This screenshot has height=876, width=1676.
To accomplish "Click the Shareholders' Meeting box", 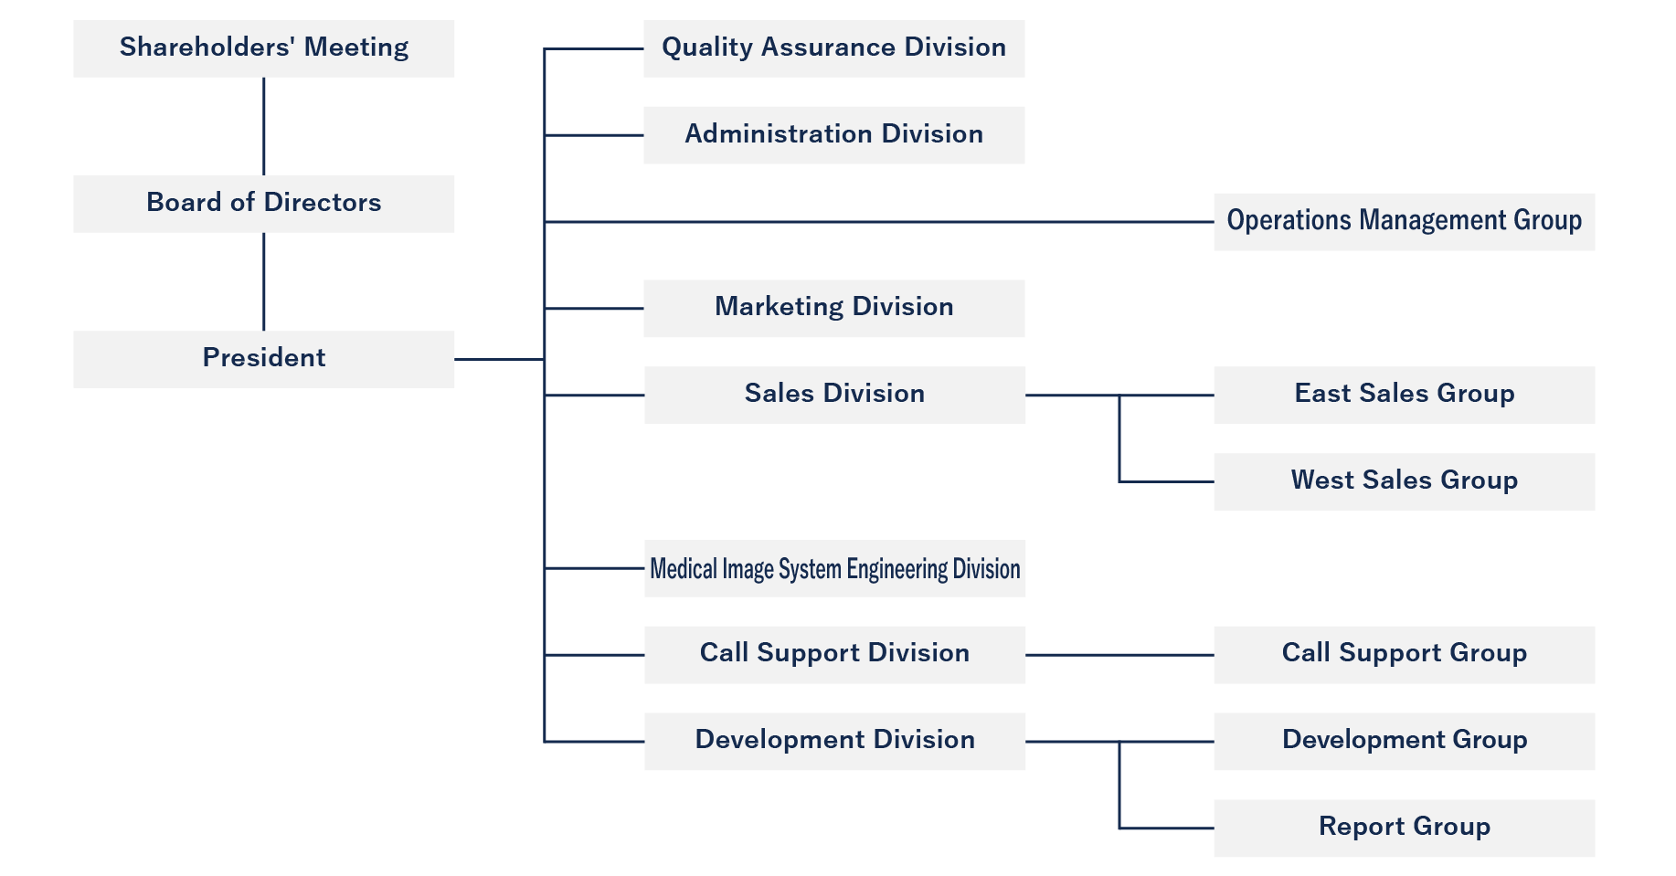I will [263, 48].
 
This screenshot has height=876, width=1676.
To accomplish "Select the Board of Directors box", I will [263, 204].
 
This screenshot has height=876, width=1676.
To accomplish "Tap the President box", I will [263, 359].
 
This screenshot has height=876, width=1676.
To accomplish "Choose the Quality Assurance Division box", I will [833, 48].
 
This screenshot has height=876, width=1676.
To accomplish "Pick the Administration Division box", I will [833, 135].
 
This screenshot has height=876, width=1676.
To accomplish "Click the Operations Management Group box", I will [1404, 222].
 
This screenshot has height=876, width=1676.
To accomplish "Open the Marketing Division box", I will [833, 309].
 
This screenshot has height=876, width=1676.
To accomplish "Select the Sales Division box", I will [833, 395].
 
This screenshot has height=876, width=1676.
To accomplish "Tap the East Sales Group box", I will [1404, 395].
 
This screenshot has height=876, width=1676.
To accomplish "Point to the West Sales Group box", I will [1404, 481].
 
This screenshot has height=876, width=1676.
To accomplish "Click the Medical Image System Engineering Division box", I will [833, 568].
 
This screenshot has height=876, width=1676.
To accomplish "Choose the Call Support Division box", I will [833, 655].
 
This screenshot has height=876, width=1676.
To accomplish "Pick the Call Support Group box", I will [1404, 655].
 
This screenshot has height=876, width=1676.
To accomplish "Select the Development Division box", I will [833, 741].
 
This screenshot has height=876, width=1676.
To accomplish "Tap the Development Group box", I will [1404, 741].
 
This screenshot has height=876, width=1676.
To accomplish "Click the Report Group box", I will [1404, 828].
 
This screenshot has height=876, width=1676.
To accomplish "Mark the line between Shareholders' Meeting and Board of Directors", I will [264, 126].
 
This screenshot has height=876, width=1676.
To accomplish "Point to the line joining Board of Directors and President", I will [264, 281].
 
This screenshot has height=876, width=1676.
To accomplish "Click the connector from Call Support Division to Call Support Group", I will [1119, 655].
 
